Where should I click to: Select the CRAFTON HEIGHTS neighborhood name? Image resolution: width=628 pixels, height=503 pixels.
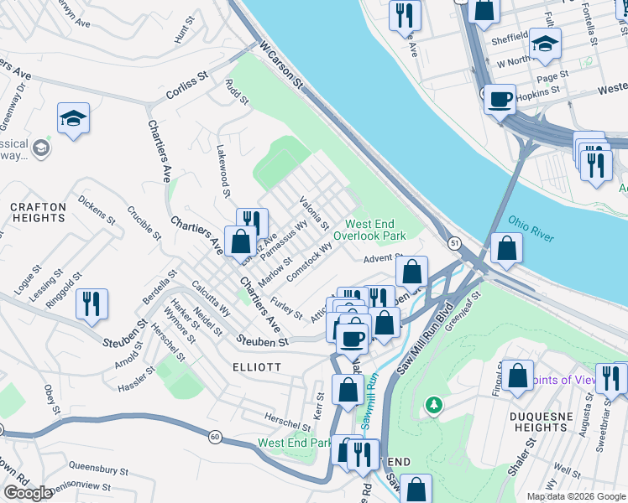[38, 212]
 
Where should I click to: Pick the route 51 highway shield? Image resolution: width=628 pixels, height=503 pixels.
[453, 243]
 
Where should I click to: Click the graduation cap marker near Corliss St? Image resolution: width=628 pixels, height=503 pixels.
[73, 119]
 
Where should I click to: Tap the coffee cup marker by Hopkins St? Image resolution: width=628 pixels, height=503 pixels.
[500, 100]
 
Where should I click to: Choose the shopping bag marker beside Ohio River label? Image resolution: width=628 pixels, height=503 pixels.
[506, 247]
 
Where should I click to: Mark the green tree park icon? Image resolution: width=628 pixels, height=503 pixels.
[433, 406]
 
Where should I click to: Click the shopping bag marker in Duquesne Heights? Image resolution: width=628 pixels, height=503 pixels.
[518, 376]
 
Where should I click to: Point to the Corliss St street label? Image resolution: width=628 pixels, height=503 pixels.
[188, 81]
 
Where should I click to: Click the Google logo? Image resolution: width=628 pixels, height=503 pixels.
[29, 493]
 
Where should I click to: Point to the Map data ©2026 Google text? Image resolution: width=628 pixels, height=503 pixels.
[575, 496]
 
